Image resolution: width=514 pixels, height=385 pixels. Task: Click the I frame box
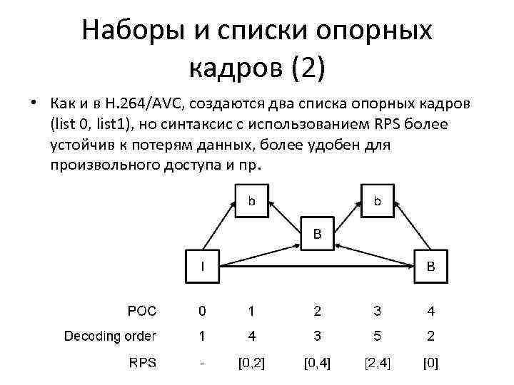tap(203, 267)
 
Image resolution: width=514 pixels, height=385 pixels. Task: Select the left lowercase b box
tap(252, 201)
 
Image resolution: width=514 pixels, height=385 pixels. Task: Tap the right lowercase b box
tap(378, 201)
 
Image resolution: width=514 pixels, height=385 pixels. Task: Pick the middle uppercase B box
tap(318, 233)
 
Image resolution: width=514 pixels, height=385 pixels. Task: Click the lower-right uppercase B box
tap(430, 267)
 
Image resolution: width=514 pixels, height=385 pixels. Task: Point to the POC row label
tap(142, 310)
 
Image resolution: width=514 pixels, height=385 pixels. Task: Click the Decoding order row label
tap(111, 335)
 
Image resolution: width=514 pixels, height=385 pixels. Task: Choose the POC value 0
tap(203, 311)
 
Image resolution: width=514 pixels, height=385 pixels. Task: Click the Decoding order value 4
tap(251, 336)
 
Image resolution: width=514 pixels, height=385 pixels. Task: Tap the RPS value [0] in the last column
tap(430, 363)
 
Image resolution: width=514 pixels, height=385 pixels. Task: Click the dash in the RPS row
tap(203, 363)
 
